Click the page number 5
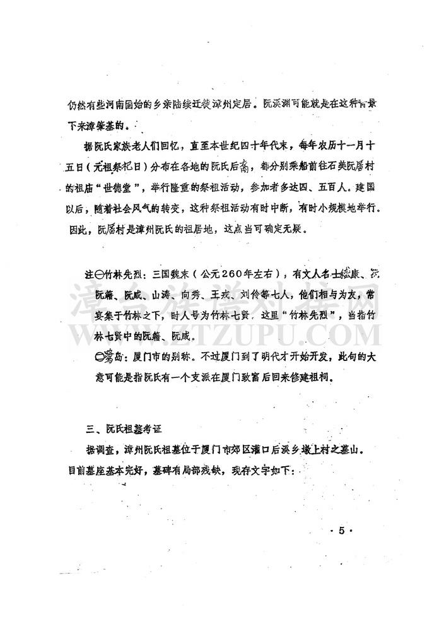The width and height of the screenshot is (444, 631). pyautogui.click(x=341, y=531)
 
